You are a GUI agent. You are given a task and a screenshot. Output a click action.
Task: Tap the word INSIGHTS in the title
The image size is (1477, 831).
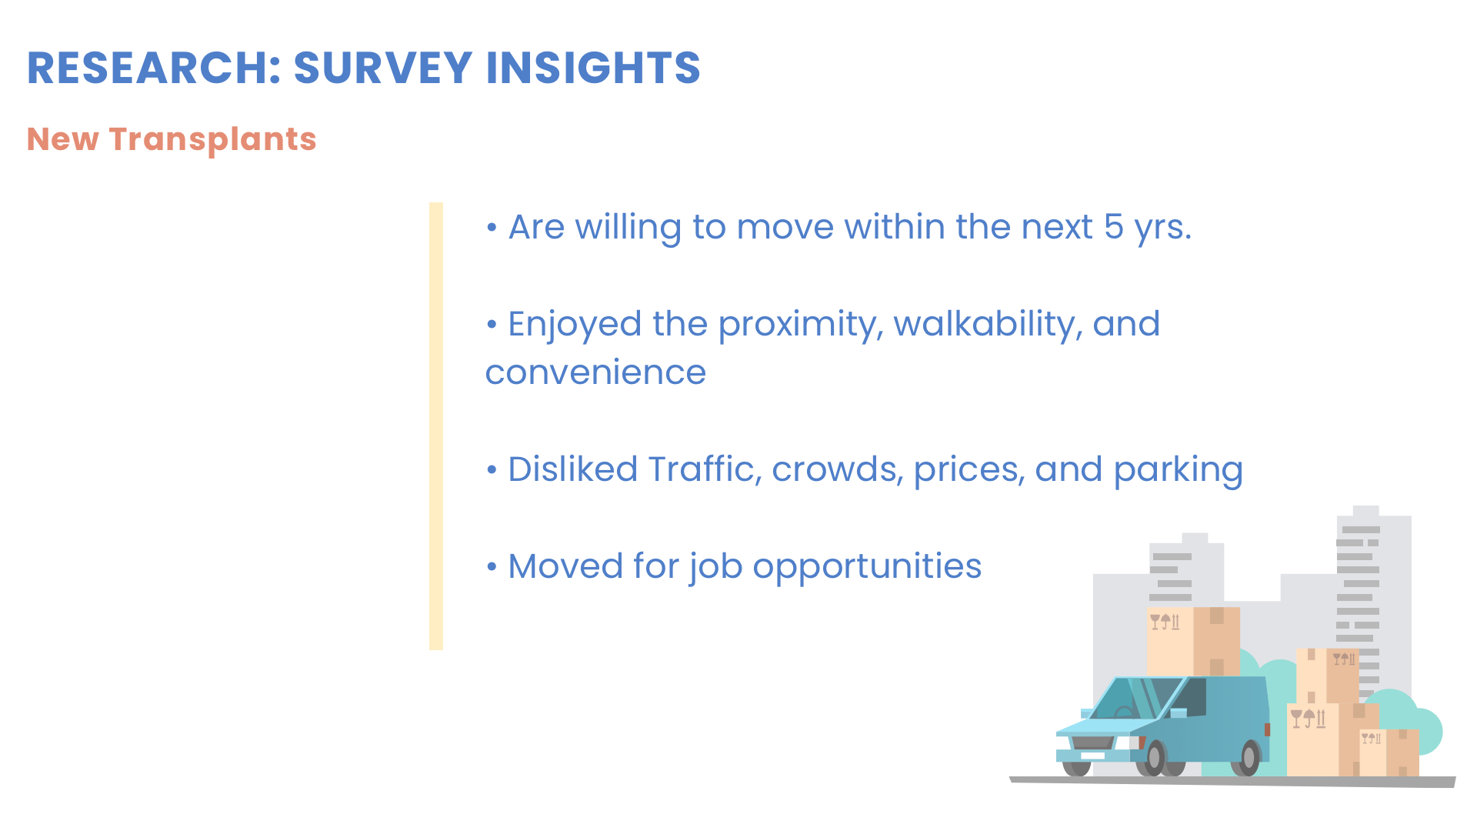(x=593, y=68)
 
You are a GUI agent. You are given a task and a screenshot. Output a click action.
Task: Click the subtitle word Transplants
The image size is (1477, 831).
(x=212, y=140)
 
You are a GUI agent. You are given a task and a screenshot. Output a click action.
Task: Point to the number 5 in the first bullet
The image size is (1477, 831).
(x=1113, y=227)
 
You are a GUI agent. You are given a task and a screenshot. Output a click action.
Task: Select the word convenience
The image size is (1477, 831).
(x=595, y=373)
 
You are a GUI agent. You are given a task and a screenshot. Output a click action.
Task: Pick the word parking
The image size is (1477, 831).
(x=1178, y=471)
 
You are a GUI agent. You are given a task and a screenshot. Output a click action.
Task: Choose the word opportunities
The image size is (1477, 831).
(x=867, y=568)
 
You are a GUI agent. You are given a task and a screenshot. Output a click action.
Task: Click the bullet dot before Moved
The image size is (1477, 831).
(x=492, y=567)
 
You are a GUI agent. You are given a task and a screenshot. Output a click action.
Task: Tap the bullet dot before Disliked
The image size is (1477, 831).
(x=492, y=470)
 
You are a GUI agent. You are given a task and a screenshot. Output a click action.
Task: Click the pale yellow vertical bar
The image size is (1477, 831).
(x=436, y=426)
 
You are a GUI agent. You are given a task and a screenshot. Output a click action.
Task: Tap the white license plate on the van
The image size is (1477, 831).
(x=1092, y=756)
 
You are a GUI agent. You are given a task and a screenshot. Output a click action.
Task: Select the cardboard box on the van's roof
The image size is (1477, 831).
(x=1193, y=642)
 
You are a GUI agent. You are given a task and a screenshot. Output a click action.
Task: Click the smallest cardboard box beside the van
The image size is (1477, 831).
(x=1389, y=753)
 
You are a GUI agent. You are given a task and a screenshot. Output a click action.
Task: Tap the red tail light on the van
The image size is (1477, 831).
(x=1267, y=729)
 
